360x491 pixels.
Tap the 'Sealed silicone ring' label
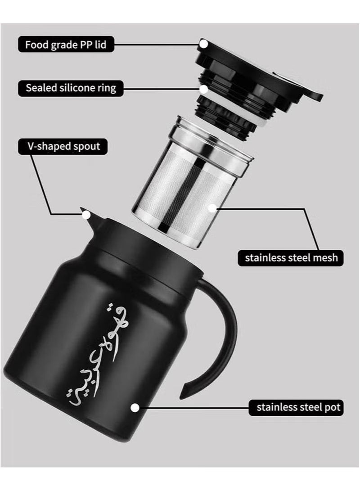pyautogui.click(x=70, y=87)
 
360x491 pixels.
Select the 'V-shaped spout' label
pyautogui.click(x=63, y=146)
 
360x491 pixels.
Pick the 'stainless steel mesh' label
pyautogui.click(x=291, y=258)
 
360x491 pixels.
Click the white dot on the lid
pyautogui.click(x=203, y=44)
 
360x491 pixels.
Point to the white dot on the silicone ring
pyautogui.click(x=203, y=89)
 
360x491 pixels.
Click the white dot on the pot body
pyautogui.click(x=134, y=408)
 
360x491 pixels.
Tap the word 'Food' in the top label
pyautogui.click(x=36, y=45)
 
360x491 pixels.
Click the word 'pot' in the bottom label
pyautogui.click(x=333, y=408)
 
